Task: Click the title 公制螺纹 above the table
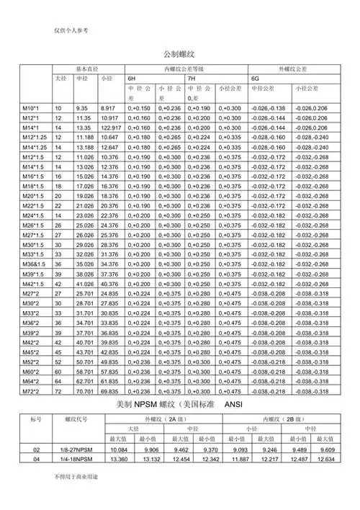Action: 180,55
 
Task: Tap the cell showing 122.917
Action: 111,127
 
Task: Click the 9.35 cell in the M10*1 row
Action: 81,107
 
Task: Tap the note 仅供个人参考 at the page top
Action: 71,30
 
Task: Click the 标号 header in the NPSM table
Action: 36,419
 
